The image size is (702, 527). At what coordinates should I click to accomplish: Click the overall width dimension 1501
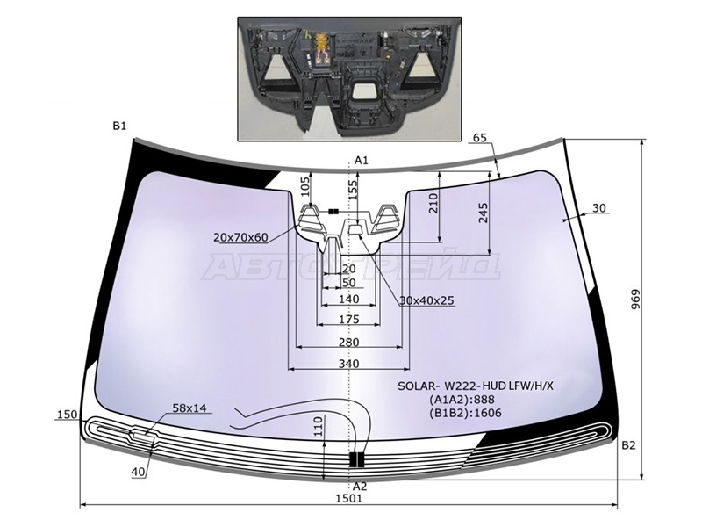coord(348,498)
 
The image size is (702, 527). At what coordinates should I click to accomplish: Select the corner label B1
coord(119,126)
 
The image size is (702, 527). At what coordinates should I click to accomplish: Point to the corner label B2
coord(627,445)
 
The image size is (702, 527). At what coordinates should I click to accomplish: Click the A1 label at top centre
coord(360,159)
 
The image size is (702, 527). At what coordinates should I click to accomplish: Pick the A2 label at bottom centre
coord(360,486)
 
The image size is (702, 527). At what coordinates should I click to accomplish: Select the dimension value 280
coord(348,341)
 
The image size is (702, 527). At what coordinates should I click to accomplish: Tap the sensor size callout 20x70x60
coord(240,237)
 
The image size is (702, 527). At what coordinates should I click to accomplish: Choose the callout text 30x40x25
coord(426,300)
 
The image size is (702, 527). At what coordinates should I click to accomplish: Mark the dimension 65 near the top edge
coord(479,138)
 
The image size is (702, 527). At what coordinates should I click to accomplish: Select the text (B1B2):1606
coord(465,413)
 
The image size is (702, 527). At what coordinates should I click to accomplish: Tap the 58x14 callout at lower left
coord(190,408)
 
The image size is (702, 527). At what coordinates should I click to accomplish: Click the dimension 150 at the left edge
coord(67,415)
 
